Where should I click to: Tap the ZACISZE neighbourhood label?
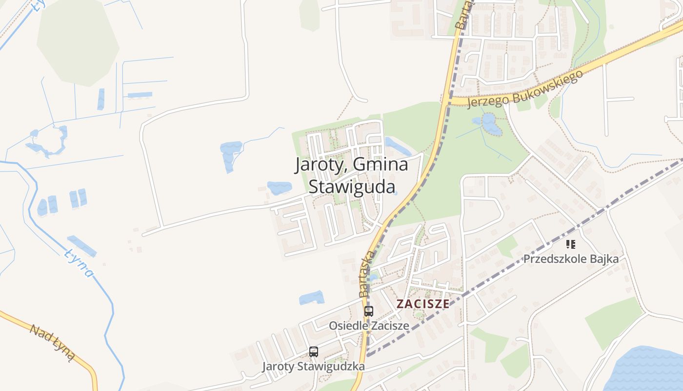pyautogui.click(x=422, y=304)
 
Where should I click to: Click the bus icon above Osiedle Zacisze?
pyautogui.click(x=369, y=311)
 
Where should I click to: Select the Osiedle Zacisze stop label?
pyautogui.click(x=369, y=326)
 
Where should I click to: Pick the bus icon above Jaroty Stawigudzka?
pyautogui.click(x=314, y=351)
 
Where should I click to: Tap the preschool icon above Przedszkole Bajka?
pyautogui.click(x=571, y=244)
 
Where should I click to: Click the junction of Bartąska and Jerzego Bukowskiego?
pyautogui.click(x=449, y=100)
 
